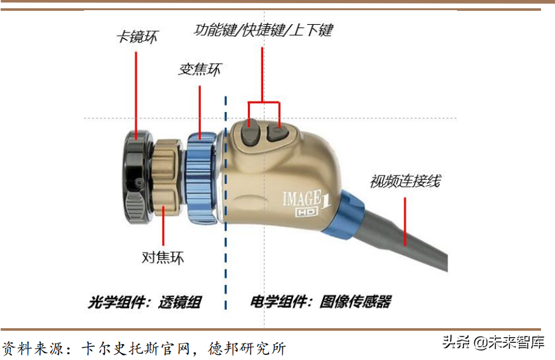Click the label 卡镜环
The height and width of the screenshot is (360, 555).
(137, 37)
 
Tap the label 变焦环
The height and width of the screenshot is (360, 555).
(200, 69)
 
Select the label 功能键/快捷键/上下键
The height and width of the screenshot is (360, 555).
(263, 30)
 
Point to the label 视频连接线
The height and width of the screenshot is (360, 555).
(405, 181)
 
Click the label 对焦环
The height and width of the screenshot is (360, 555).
(162, 258)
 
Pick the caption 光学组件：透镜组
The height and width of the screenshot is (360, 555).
(144, 301)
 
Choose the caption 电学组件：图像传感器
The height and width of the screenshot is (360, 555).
(320, 301)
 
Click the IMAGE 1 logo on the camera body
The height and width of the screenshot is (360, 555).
(305, 197)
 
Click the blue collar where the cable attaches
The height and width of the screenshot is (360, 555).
(346, 213)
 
